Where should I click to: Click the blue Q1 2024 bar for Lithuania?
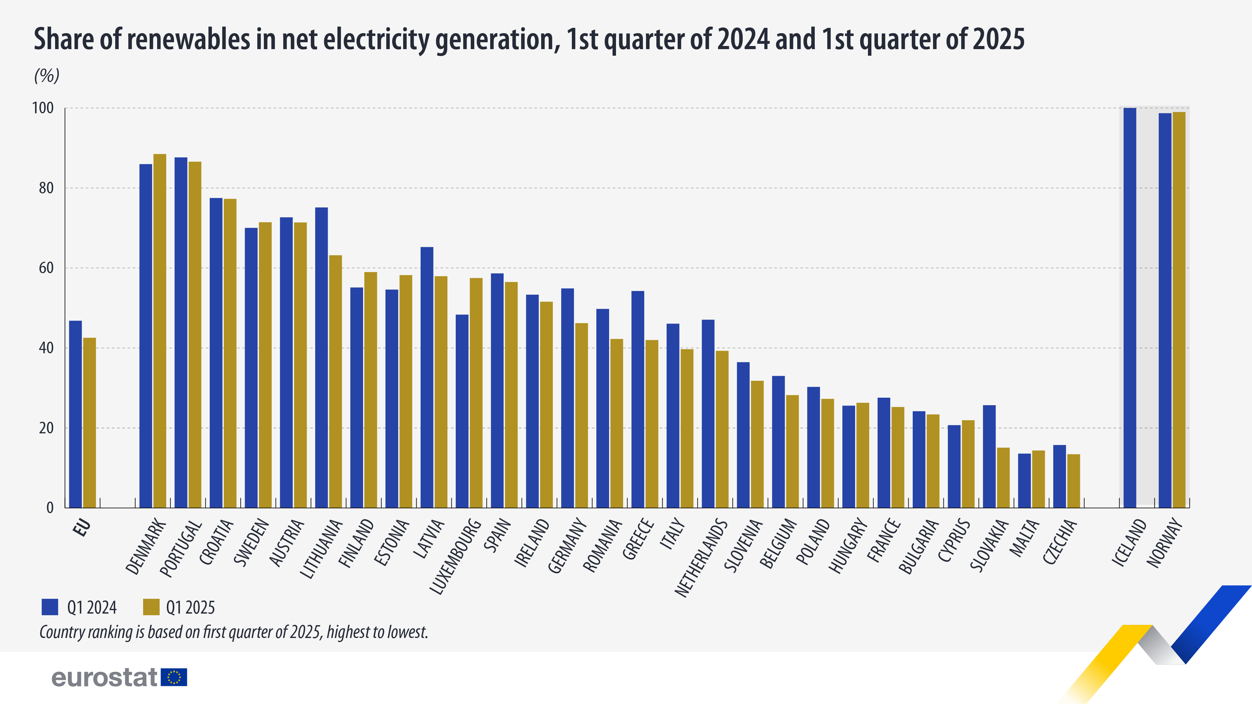coord(321,357)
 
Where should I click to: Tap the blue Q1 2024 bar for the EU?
coord(75,414)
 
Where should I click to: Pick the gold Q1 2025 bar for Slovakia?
coord(1003,477)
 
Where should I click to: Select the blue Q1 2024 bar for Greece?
coord(638,399)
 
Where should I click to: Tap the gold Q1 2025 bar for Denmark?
coord(160,330)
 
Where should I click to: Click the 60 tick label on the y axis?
coord(46,268)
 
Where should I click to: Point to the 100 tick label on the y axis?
coord(43,108)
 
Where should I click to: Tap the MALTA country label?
coord(1024,537)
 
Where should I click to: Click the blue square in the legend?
coord(50,607)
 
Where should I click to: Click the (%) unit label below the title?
coord(47,75)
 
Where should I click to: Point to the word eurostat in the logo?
coord(105,677)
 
